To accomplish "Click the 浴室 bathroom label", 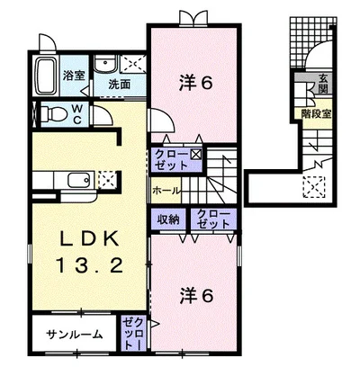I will pyautogui.click(x=74, y=76).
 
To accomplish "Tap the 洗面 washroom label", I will pyautogui.click(x=119, y=84).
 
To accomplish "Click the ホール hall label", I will pyautogui.click(x=166, y=191).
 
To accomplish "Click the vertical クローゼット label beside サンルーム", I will pyautogui.click(x=132, y=334).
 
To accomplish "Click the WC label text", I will pyautogui.click(x=77, y=113).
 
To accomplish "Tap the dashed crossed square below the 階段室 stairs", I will pyautogui.click(x=314, y=187).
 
